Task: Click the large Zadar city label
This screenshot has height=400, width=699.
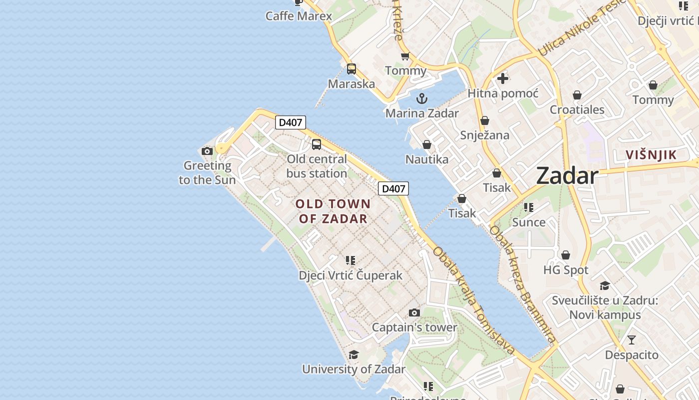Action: click(567, 176)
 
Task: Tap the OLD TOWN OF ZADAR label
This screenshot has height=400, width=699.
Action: click(333, 211)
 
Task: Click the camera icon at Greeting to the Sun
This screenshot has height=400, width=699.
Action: click(207, 151)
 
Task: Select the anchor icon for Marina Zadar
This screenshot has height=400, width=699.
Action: click(422, 98)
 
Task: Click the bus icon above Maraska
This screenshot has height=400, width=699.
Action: click(351, 69)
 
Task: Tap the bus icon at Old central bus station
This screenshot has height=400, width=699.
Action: click(317, 144)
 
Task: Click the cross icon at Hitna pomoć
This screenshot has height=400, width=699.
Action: click(503, 78)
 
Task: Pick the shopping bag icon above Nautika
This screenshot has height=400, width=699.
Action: click(427, 145)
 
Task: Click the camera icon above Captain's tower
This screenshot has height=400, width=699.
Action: click(414, 313)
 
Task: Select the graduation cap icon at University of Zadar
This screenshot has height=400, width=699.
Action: click(353, 355)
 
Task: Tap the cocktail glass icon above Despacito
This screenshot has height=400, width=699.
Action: click(632, 340)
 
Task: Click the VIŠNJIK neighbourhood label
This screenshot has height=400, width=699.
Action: click(651, 155)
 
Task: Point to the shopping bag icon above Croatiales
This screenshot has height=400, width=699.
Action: click(577, 95)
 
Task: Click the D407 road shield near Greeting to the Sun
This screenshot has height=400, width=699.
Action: click(290, 122)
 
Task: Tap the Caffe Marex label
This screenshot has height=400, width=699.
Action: click(299, 16)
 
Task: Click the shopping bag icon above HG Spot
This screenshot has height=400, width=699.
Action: click(566, 255)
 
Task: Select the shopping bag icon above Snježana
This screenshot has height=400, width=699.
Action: click(485, 121)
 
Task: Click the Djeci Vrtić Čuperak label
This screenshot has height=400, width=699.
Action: click(350, 275)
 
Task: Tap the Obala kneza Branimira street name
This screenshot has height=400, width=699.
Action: click(522, 285)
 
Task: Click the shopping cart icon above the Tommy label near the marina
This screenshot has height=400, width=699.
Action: click(405, 56)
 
